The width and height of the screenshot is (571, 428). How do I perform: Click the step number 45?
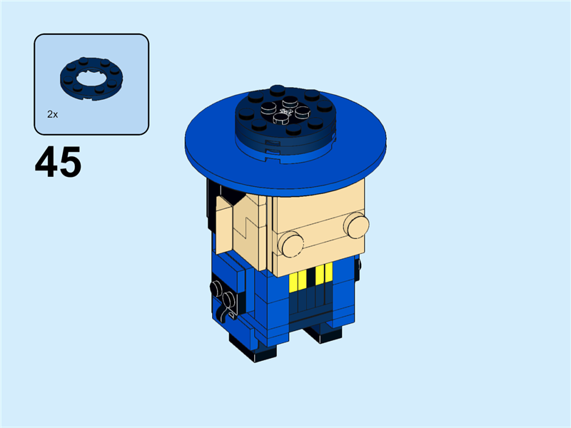[58, 163]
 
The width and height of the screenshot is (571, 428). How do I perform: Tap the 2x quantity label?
[52, 114]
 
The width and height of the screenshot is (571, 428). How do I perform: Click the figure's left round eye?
[290, 245]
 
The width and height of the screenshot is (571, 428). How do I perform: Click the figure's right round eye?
[355, 226]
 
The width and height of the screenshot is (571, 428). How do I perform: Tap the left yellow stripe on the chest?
[297, 280]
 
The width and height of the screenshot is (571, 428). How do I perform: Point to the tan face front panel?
[318, 221]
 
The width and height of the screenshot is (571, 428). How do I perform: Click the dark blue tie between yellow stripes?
[313, 282]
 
